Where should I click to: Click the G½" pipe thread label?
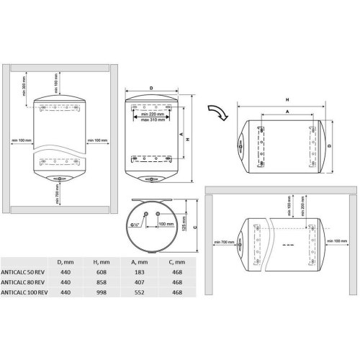[x=135, y=224]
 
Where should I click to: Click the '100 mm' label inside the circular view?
[x=166, y=225]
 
